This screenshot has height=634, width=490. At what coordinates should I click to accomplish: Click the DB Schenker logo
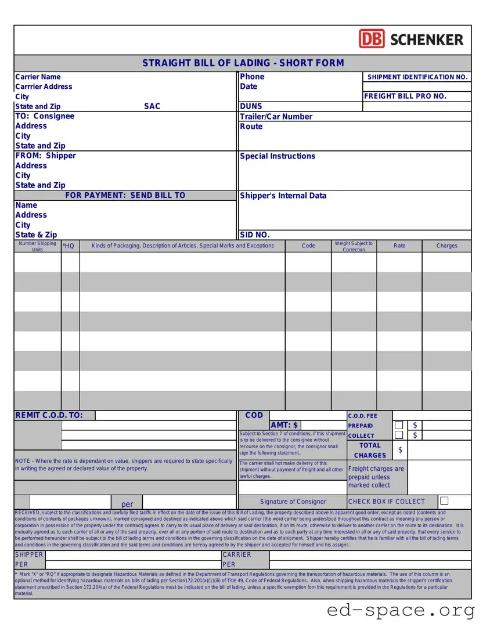(x=411, y=39)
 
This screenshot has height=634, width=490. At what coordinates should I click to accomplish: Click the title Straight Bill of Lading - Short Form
(x=243, y=63)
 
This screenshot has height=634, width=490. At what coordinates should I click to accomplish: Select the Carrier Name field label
(x=38, y=77)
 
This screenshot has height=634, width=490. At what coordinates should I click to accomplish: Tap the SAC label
(x=152, y=106)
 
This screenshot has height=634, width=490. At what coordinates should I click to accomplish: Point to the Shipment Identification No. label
(x=417, y=77)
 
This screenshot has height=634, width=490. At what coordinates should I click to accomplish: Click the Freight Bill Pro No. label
(x=405, y=96)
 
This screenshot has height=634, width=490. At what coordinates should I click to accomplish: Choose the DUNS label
(x=251, y=106)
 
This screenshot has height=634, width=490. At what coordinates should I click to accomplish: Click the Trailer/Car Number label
(x=276, y=117)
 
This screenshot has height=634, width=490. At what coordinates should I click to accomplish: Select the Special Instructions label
(x=278, y=156)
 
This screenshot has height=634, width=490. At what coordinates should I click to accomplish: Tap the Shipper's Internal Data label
(x=283, y=196)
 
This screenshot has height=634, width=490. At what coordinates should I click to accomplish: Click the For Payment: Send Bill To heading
(x=125, y=196)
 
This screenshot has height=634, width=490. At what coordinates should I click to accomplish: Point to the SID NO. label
(x=255, y=235)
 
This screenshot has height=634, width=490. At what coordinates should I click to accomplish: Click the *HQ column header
(x=69, y=246)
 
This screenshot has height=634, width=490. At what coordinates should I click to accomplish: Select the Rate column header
(x=399, y=246)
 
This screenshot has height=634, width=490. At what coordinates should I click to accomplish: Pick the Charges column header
(x=447, y=246)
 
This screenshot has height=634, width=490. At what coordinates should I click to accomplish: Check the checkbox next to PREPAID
(x=399, y=426)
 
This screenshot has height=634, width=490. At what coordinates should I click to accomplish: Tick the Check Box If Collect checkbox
(x=444, y=500)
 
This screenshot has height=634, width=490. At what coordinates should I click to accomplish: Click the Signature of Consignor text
(x=293, y=502)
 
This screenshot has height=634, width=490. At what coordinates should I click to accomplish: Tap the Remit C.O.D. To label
(x=49, y=415)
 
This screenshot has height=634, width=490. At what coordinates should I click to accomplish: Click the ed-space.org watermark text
(x=401, y=610)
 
